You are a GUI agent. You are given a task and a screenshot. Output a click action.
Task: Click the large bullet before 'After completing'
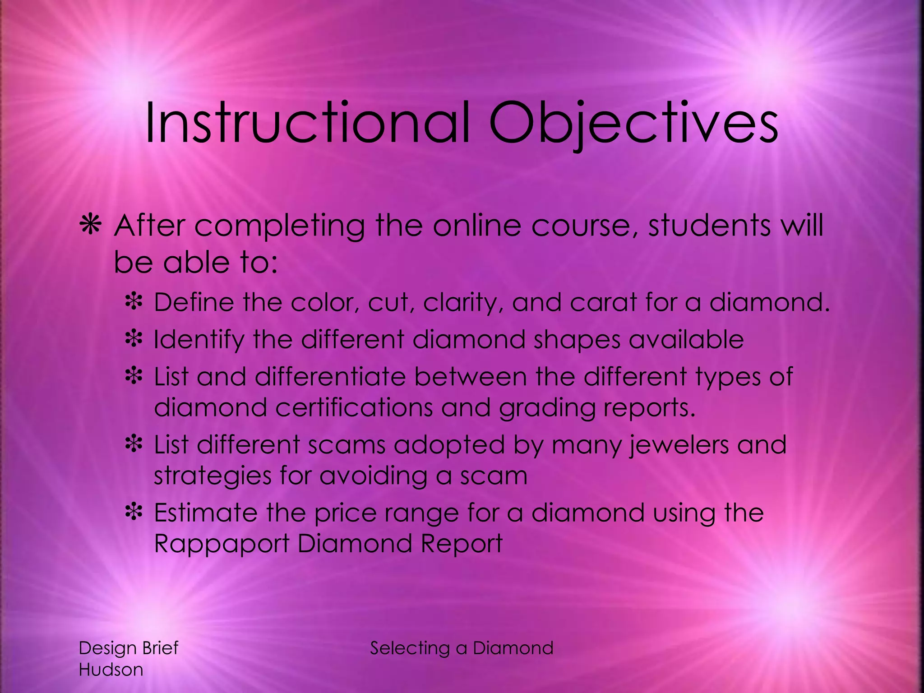(x=90, y=226)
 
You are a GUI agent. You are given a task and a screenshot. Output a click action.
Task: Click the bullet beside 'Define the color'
(x=134, y=302)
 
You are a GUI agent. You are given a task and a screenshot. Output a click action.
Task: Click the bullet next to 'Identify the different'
(x=134, y=339)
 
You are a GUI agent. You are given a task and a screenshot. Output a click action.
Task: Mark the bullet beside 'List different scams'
(x=134, y=444)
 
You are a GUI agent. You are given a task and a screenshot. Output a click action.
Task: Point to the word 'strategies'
(x=213, y=476)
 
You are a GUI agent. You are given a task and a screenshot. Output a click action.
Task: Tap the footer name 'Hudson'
(x=111, y=670)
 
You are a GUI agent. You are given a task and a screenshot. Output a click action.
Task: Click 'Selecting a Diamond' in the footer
(x=462, y=648)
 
